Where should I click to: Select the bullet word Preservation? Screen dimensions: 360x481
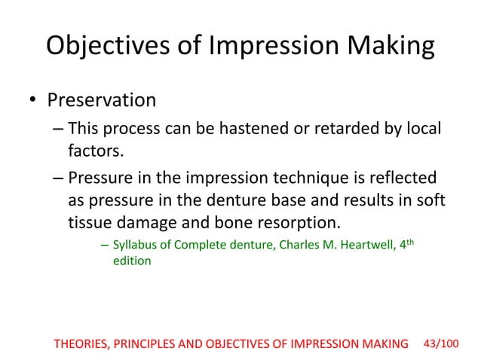click(102, 100)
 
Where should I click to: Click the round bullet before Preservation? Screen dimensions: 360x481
click(32, 101)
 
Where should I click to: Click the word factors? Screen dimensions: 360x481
click(96, 154)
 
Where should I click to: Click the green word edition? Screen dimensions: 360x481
click(132, 261)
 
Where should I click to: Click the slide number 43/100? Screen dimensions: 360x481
click(441, 343)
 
